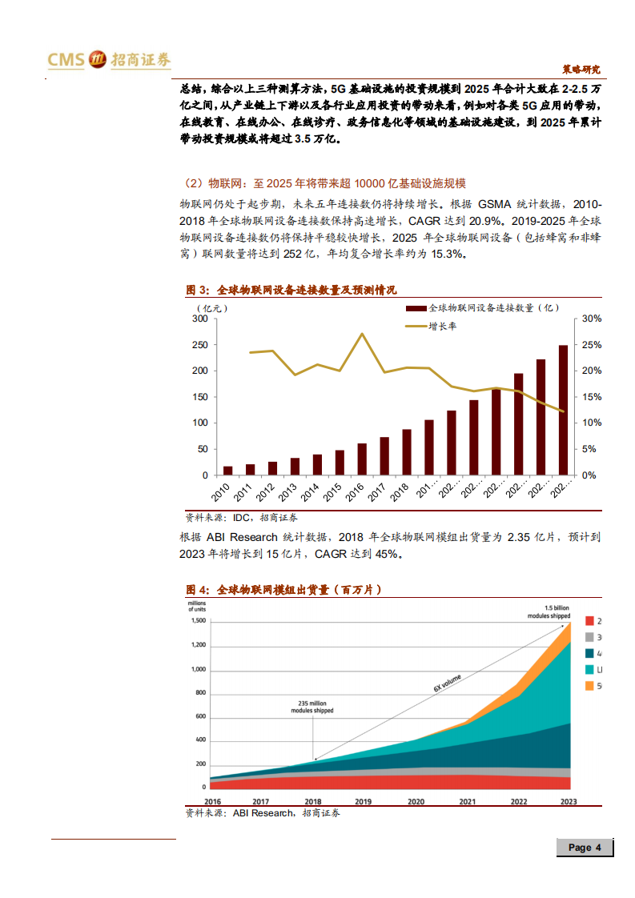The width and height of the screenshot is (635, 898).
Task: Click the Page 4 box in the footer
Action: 585,848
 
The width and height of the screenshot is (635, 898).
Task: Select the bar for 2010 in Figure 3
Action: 228,471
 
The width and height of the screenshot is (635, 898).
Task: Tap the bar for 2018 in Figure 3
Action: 407,452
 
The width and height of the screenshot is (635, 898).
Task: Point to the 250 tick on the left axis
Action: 199,345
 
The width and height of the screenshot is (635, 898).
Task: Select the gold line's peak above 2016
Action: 362,334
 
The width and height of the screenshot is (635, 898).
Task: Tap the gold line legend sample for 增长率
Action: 416,326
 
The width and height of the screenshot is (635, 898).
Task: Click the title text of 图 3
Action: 291,290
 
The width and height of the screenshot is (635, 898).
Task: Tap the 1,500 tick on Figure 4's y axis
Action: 199,621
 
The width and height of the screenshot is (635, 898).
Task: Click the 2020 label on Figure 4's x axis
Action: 416,801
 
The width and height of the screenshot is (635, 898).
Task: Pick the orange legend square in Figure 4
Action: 589,686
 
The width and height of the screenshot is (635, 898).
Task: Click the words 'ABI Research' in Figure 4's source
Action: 263,813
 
